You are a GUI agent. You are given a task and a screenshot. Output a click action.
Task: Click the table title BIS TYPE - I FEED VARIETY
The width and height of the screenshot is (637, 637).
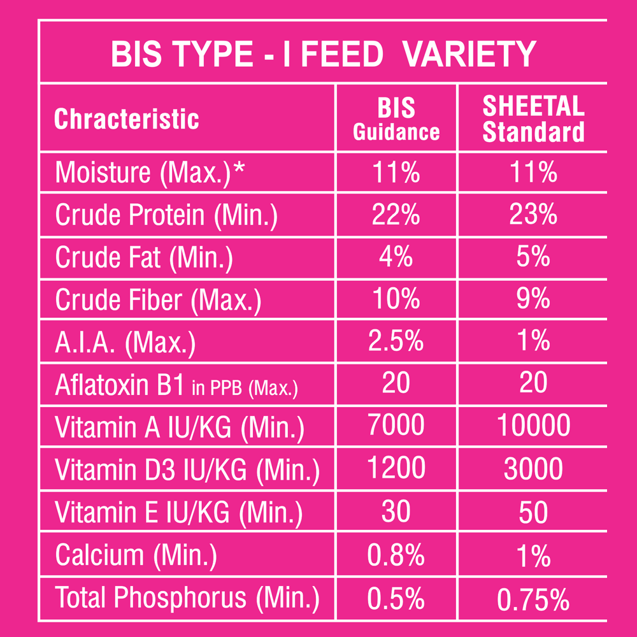point(323,54)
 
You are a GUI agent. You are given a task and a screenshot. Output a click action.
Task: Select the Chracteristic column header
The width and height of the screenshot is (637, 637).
point(127,119)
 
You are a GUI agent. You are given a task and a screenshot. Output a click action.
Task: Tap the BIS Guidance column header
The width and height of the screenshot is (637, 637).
point(396,119)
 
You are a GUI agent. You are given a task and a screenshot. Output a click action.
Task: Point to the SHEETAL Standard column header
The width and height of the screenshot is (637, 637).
point(533,119)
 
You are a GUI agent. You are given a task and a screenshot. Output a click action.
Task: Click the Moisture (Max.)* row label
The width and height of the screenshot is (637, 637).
point(150,173)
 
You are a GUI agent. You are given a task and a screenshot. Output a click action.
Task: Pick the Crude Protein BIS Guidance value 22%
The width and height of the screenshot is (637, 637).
point(396,215)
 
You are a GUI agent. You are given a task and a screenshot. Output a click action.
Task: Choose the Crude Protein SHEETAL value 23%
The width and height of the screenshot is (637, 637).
point(533,215)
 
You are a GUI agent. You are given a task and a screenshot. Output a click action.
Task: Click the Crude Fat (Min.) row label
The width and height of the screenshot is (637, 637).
point(144,257)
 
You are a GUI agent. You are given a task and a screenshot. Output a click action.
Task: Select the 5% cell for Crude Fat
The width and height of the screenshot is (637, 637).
point(533,257)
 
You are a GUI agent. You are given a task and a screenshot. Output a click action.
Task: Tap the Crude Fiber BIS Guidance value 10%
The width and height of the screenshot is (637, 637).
point(396,299)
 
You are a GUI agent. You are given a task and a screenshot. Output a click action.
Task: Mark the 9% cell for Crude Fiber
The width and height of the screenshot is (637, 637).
point(533,299)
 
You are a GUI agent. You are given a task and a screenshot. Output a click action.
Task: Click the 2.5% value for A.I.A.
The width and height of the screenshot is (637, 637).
point(396,342)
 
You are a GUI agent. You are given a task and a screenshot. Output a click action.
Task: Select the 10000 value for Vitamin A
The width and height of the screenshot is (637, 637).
point(533,427)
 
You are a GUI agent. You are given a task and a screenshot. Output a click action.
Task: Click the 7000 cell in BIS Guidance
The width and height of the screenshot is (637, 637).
point(396,427)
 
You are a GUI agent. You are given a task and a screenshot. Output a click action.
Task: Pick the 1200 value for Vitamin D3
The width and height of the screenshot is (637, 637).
point(396,469)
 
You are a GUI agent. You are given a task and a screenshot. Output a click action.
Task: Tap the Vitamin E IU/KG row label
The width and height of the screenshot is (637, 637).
point(179,513)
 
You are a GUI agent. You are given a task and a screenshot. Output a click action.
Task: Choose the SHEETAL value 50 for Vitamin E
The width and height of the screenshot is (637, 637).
point(533,513)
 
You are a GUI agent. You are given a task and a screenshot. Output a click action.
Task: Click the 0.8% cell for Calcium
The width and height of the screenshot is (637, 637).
point(396,555)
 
